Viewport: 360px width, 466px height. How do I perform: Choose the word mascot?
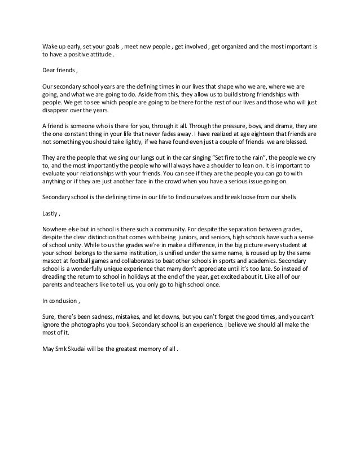coord(55,277)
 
